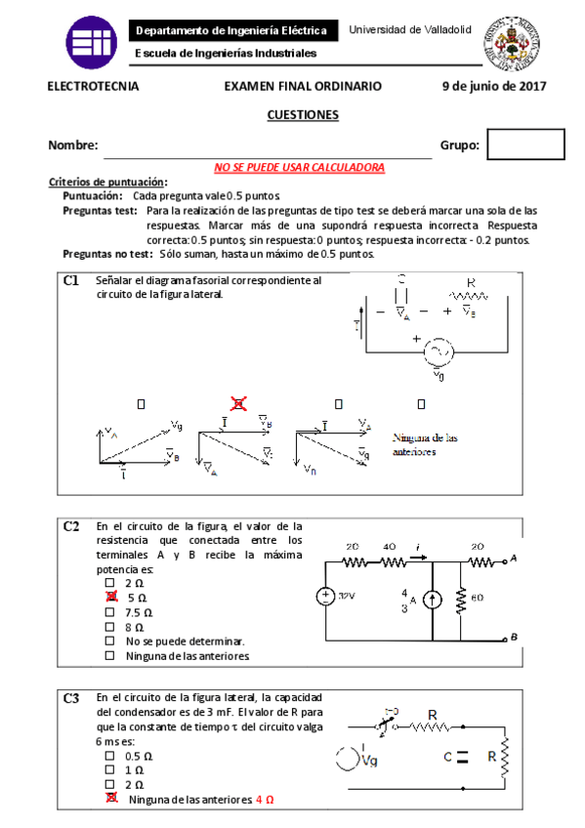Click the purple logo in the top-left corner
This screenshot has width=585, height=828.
coord(91,41)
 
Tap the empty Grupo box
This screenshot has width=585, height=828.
coord(525,145)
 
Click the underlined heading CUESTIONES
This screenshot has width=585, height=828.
coord(303,115)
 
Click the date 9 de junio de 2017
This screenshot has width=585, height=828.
coord(493,86)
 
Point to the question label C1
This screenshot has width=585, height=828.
coord(71,280)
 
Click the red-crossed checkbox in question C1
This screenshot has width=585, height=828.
coord(237,402)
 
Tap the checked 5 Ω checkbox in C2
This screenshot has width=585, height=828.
coord(110,597)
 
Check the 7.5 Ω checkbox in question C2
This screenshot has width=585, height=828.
coord(110,612)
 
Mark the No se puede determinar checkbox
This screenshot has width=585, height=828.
coord(110,642)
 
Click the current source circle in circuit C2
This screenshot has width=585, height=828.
coord(433,600)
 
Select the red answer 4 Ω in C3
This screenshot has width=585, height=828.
coord(264,799)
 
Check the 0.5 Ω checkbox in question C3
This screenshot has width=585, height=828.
coord(110,756)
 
